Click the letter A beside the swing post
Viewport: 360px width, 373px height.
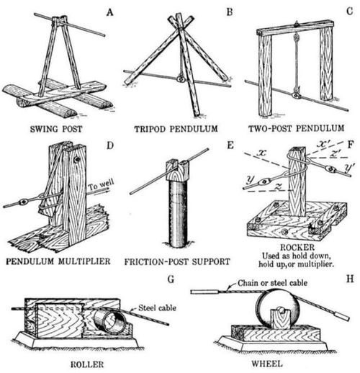click(110, 12)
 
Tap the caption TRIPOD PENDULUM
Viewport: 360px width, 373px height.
click(176, 129)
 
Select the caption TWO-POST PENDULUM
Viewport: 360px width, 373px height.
click(297, 128)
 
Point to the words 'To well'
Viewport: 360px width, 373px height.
click(101, 185)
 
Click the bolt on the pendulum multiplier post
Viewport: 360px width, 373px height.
click(77, 160)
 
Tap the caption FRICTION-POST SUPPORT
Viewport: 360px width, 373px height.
click(177, 261)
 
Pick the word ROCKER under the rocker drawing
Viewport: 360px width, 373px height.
click(297, 247)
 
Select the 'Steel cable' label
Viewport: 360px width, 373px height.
click(157, 308)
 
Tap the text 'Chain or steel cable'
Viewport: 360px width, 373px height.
click(272, 283)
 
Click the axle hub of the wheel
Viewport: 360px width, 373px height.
click(281, 312)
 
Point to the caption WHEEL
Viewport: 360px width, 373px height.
click(267, 364)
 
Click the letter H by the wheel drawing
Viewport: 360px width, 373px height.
click(350, 279)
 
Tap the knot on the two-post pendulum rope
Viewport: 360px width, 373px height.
click(296, 37)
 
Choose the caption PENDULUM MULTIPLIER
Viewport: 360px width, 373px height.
click(58, 261)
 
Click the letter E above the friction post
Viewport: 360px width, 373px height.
click(230, 145)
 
